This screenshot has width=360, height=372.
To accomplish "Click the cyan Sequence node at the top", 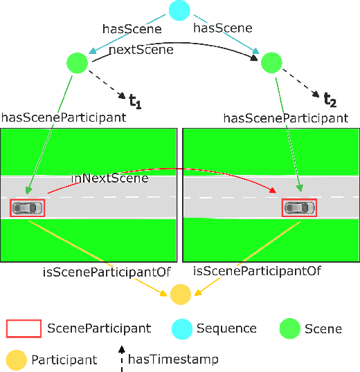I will click(x=179, y=10).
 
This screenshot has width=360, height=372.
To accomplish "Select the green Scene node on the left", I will click(x=77, y=64).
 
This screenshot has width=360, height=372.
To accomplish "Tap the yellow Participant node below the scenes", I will click(x=180, y=295).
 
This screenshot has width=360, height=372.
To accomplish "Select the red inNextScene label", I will click(x=110, y=178).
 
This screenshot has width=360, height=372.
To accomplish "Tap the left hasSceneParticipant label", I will click(x=64, y=118).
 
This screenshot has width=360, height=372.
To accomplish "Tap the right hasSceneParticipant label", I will click(x=285, y=118).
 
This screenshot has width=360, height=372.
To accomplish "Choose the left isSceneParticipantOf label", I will click(x=106, y=272).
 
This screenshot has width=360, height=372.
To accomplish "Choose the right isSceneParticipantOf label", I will click(x=257, y=272).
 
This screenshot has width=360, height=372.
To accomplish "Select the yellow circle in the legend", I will click(x=17, y=359).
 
